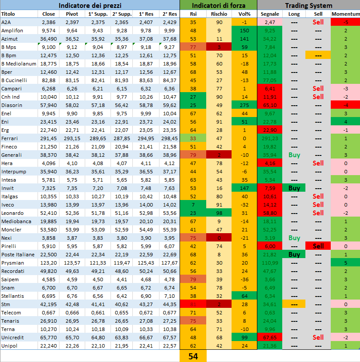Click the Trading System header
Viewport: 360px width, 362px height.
(x=308, y=6)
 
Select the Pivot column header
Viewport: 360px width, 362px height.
(x=72, y=14)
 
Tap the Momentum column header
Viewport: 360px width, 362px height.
(x=345, y=14)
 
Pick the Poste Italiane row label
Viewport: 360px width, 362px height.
(x=16, y=255)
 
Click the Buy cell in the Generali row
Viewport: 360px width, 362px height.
(x=294, y=155)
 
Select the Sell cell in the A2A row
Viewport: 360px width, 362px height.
(x=318, y=22)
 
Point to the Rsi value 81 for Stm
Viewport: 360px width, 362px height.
(x=193, y=304)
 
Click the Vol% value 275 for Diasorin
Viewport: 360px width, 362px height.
(x=244, y=105)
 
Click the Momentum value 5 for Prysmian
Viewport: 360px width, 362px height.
(x=345, y=263)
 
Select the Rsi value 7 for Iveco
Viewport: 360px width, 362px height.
(x=193, y=205)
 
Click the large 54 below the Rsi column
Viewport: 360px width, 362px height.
(x=193, y=356)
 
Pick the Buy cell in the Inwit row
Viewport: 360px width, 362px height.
(x=294, y=188)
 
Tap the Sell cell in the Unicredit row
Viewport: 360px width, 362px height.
(x=318, y=338)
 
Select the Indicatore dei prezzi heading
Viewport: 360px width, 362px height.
(x=90, y=6)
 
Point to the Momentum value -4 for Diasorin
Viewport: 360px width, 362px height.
(x=345, y=105)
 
